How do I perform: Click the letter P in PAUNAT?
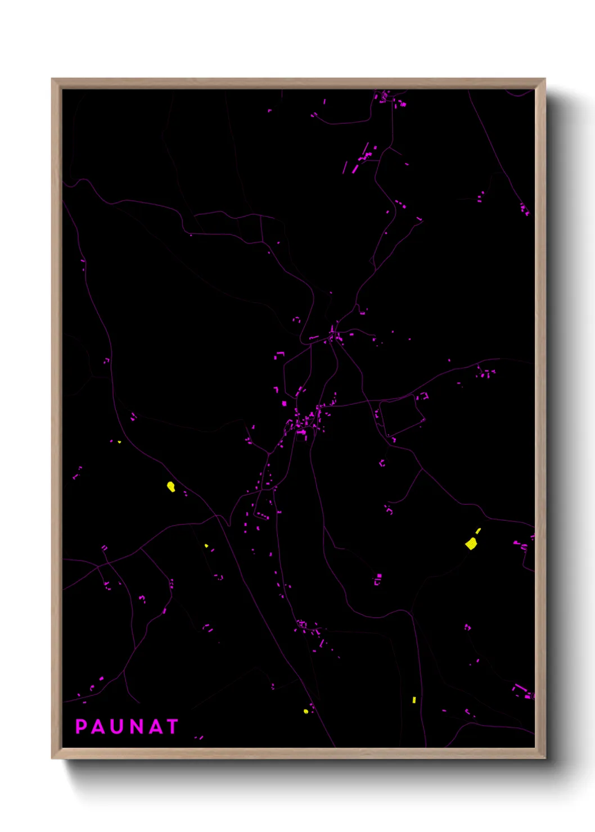(x=81, y=726)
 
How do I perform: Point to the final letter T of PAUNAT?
(x=172, y=726)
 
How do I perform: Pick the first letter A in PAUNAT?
(x=100, y=726)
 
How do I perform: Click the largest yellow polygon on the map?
(x=471, y=543)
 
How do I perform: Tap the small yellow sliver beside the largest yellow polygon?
(x=479, y=530)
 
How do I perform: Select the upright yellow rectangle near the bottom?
(x=414, y=700)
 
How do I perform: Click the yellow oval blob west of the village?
(x=171, y=486)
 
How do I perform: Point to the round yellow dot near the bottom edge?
(x=306, y=711)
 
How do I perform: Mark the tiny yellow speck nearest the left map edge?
(x=119, y=442)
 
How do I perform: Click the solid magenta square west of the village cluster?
(x=284, y=403)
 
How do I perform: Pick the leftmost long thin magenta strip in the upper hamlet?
(x=345, y=167)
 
